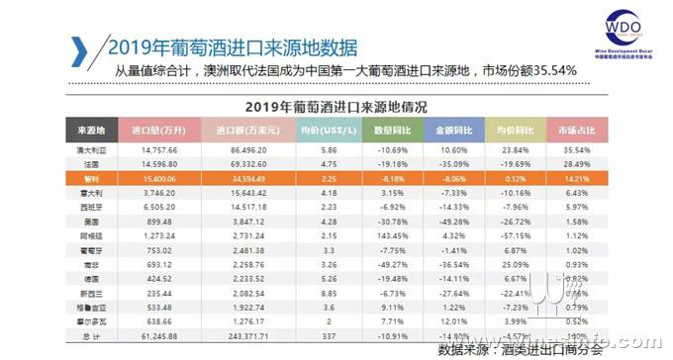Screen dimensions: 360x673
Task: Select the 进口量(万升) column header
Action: [x=153, y=129]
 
